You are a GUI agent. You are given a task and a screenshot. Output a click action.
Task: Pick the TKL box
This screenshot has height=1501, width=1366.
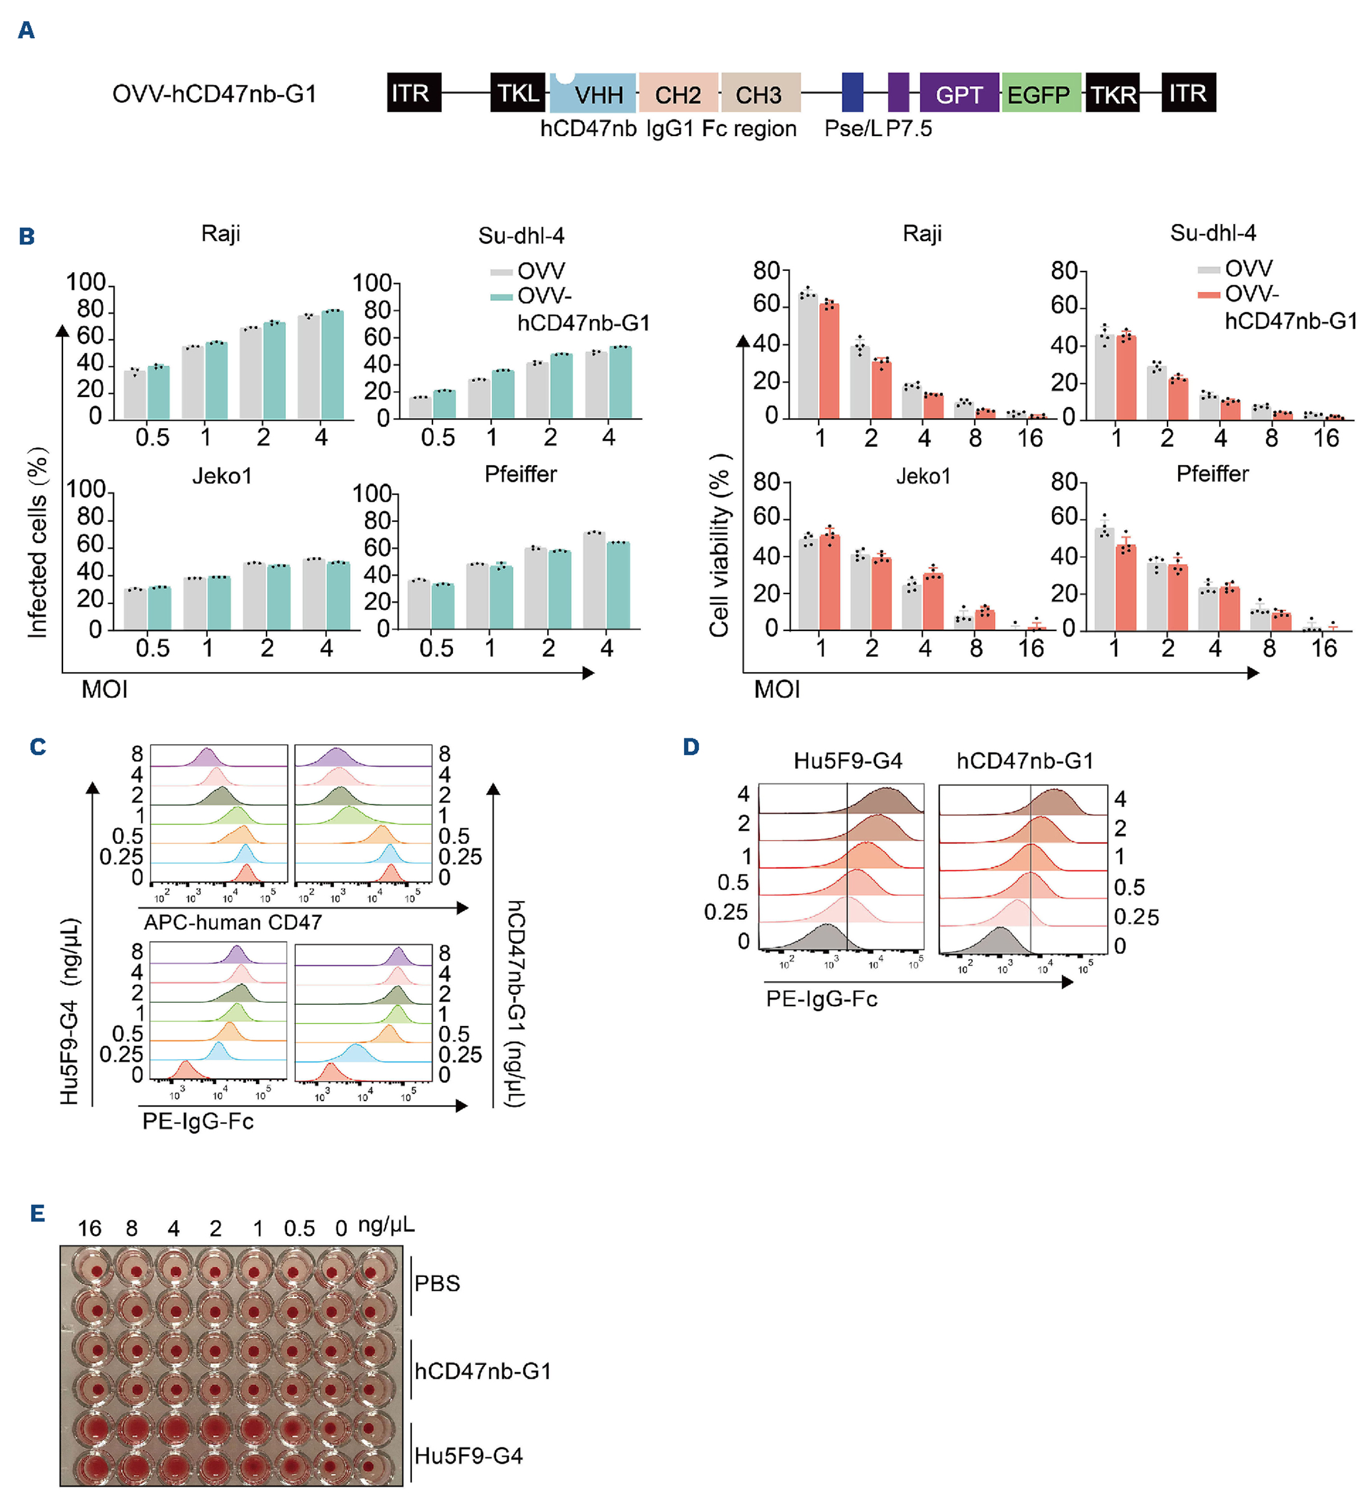point(518,93)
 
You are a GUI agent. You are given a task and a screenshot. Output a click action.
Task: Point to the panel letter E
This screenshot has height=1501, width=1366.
point(38,1214)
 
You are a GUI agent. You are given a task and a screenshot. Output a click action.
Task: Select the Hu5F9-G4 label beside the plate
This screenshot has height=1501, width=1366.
point(468,1455)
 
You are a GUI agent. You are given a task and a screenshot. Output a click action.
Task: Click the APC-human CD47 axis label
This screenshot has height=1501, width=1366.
point(232,922)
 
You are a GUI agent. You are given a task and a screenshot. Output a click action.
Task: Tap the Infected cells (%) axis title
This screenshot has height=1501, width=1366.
point(37,542)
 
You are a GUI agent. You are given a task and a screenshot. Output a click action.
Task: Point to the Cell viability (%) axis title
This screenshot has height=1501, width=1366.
point(718,545)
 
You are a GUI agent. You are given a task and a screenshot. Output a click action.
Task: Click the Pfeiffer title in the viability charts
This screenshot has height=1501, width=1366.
point(1212,474)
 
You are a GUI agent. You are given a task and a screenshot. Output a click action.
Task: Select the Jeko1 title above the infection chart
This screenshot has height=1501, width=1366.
point(222,476)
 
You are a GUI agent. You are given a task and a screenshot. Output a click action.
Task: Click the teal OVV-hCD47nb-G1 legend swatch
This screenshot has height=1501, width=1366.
point(501,297)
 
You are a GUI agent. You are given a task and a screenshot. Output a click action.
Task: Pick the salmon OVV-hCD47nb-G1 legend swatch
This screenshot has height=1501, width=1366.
point(1208,295)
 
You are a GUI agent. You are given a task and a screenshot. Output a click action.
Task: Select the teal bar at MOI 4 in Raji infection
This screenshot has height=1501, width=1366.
point(332,365)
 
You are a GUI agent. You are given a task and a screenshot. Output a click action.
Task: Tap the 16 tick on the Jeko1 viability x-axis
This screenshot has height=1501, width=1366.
point(1031,648)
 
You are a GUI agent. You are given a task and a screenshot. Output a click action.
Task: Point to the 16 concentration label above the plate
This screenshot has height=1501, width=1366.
point(89,1228)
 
